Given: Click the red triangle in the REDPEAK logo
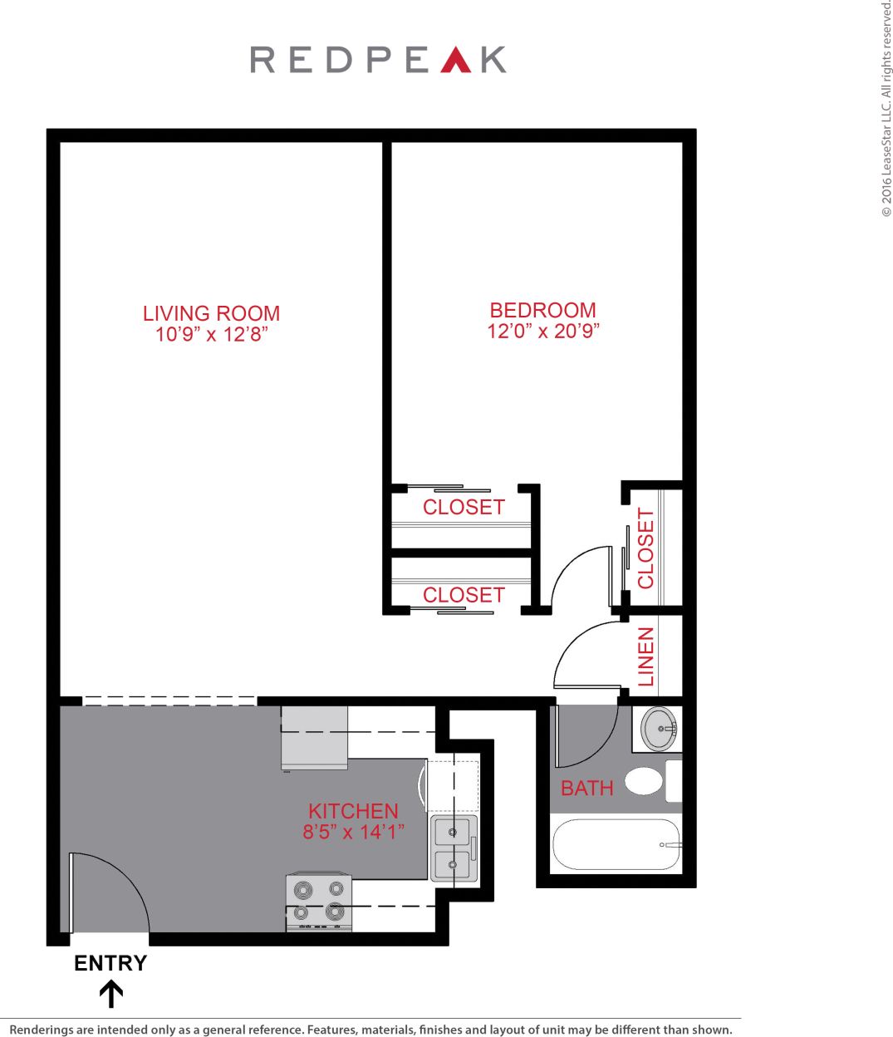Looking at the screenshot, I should point(455,61).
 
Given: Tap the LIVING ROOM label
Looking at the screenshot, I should point(211,313).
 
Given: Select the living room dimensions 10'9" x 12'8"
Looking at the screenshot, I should point(211,335).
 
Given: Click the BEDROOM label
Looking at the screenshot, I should point(542,310).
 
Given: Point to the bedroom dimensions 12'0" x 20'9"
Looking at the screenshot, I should point(542,331).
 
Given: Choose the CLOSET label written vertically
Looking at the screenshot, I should point(646,548).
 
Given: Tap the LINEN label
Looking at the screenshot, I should point(646,656).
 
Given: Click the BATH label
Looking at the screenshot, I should point(586,788).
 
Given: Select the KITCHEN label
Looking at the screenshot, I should point(353,811).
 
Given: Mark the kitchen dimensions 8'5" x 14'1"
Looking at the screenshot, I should point(353,832).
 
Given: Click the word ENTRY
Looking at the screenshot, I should point(110,963).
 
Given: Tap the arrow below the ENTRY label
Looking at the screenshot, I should point(111,994).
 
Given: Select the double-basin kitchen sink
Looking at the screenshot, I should point(454,848).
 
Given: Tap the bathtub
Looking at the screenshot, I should point(616,844).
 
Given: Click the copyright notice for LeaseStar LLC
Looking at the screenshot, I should point(886,108).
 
